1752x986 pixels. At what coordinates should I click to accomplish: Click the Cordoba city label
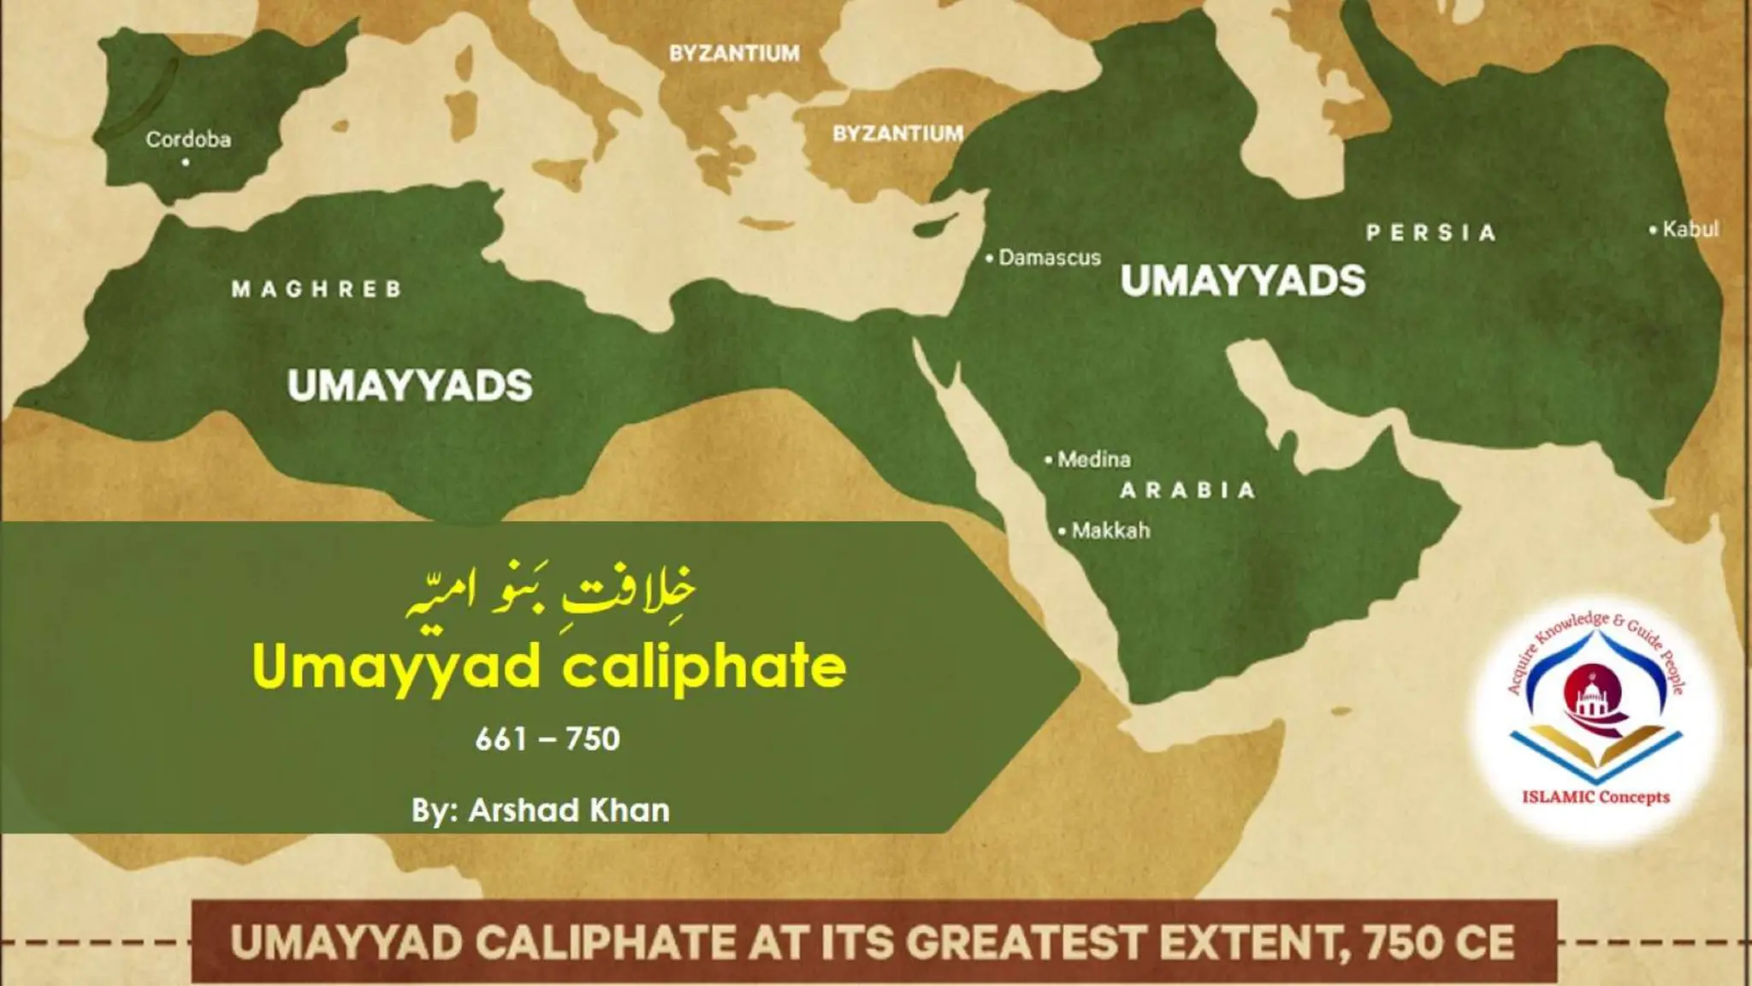tap(188, 140)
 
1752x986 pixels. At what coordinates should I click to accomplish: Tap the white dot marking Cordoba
tap(186, 162)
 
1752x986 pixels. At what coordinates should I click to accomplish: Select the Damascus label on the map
tap(1049, 258)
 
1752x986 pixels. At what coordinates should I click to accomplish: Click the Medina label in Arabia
tap(1093, 460)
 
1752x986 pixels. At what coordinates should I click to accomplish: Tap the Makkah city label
tap(1110, 531)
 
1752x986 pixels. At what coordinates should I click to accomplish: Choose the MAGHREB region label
tap(317, 289)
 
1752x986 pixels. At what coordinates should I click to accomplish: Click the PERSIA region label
tap(1430, 233)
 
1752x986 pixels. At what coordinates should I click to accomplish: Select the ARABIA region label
tap(1187, 490)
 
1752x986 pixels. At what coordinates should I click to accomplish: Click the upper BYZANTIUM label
tap(734, 53)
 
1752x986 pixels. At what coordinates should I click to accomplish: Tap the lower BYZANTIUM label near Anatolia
tap(897, 134)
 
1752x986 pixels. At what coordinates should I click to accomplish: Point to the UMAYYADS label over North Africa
tap(410, 386)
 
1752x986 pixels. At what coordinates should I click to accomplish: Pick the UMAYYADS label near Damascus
tap(1242, 281)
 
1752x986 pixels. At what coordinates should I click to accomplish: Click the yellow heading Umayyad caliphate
tap(549, 667)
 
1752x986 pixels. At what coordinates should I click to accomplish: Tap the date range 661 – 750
tap(547, 739)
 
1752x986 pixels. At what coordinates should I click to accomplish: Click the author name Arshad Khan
tap(569, 811)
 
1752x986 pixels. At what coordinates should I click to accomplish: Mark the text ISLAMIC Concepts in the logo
tap(1595, 797)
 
